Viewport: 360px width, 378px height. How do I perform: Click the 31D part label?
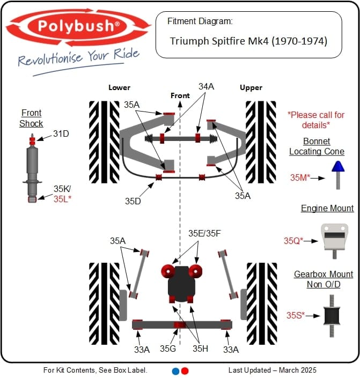tap(61, 134)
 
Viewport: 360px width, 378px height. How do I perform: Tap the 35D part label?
tap(134, 201)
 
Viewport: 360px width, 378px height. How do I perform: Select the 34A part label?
tap(207, 86)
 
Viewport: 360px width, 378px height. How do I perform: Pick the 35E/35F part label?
tap(205, 233)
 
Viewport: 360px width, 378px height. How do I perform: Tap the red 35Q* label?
tap(293, 241)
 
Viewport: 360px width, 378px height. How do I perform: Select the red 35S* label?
tap(295, 315)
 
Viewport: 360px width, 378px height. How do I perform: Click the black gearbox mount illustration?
tap(333, 314)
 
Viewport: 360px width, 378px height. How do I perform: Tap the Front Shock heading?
tap(31, 118)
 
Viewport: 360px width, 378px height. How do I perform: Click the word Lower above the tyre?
tap(119, 87)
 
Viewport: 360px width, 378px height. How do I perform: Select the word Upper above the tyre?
tap(251, 87)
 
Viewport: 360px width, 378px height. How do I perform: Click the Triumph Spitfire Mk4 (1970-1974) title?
tap(248, 41)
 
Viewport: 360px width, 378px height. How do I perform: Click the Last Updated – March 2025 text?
tap(272, 370)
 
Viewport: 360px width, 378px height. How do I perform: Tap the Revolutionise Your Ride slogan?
tap(78, 57)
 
